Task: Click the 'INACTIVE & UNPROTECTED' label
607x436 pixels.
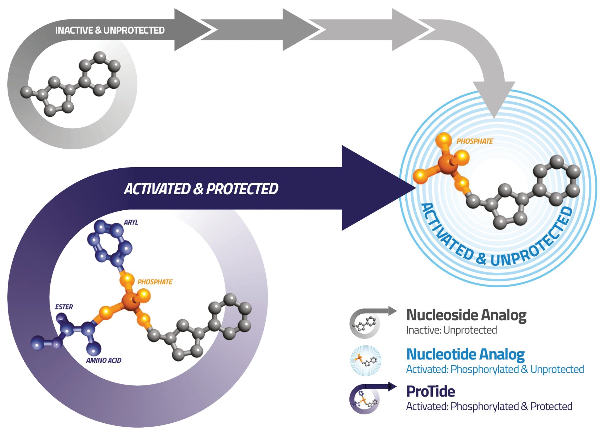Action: tap(110, 30)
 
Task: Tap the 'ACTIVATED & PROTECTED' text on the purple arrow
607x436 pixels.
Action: tap(201, 189)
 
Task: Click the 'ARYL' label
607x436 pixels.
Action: tap(131, 222)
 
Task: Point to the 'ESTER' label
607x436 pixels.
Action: tap(64, 307)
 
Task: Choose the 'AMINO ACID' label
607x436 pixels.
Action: tap(104, 360)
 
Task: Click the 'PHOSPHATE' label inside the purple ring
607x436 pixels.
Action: tap(155, 282)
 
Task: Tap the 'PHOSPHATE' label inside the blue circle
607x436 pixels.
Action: tap(474, 141)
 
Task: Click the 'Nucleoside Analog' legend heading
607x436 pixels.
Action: tap(466, 315)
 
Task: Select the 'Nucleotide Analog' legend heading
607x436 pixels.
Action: tap(465, 355)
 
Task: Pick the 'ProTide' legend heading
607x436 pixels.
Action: tap(431, 392)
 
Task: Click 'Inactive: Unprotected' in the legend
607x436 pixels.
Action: tap(452, 330)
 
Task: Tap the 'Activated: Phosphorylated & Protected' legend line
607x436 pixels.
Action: tap(489, 407)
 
